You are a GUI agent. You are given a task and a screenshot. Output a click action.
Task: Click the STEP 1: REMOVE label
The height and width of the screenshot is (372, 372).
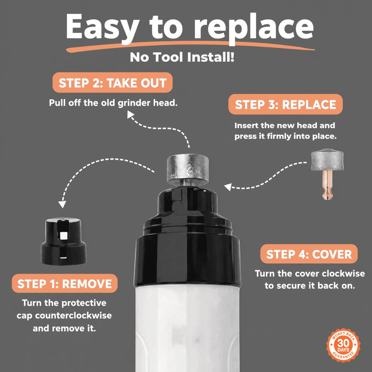pyautogui.click(x=64, y=283)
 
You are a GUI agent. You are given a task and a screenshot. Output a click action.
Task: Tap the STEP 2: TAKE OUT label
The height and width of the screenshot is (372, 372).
pyautogui.click(x=112, y=83)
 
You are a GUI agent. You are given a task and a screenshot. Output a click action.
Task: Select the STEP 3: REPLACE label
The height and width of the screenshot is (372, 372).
pyautogui.click(x=286, y=104)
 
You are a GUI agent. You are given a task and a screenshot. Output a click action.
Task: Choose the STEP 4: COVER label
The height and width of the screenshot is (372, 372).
pyautogui.click(x=309, y=254)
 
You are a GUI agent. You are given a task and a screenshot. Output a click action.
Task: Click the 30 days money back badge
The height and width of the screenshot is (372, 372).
pyautogui.click(x=343, y=345)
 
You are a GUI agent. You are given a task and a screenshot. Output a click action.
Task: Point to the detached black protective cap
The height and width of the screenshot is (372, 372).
pyautogui.click(x=64, y=241)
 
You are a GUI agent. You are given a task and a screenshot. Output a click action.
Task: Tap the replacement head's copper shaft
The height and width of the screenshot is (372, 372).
pyautogui.click(x=327, y=184)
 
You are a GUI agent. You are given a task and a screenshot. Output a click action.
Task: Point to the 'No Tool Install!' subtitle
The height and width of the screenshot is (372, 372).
pyautogui.click(x=182, y=57)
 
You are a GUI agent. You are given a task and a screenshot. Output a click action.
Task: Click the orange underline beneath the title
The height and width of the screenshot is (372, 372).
pyautogui.click(x=190, y=45)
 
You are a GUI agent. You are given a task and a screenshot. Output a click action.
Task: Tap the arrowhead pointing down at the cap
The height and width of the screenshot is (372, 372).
pyautogui.click(x=62, y=204)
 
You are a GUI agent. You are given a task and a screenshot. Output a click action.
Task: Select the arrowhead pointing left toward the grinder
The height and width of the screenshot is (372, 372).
pyautogui.click(x=228, y=187)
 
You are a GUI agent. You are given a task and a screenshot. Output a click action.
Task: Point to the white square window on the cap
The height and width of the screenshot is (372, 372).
pyautogui.click(x=64, y=235)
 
